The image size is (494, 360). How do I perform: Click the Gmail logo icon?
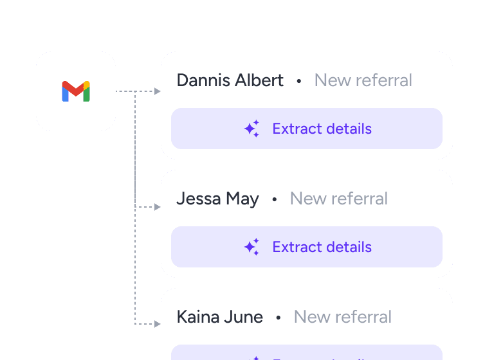point(76,91)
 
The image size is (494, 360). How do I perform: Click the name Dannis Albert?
point(230,80)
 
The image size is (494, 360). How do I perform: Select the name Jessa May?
point(217,199)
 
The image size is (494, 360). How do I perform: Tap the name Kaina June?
point(219,317)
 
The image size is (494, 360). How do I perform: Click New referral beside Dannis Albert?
point(363,80)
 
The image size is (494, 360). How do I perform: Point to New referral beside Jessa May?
point(339,199)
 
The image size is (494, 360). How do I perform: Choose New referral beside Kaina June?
point(343,317)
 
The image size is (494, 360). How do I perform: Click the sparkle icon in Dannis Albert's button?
point(252,129)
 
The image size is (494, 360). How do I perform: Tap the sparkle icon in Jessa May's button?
point(252,247)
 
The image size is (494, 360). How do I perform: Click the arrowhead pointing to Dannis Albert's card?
point(158,91)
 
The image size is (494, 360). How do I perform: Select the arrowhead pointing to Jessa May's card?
point(158,207)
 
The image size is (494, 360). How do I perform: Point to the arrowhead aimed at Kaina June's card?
point(158,324)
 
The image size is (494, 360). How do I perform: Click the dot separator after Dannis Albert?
point(299,81)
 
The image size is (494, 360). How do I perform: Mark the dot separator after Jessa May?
point(275,199)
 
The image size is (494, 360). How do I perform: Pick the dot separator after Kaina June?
point(279,318)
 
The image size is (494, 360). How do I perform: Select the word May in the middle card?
point(242,199)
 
